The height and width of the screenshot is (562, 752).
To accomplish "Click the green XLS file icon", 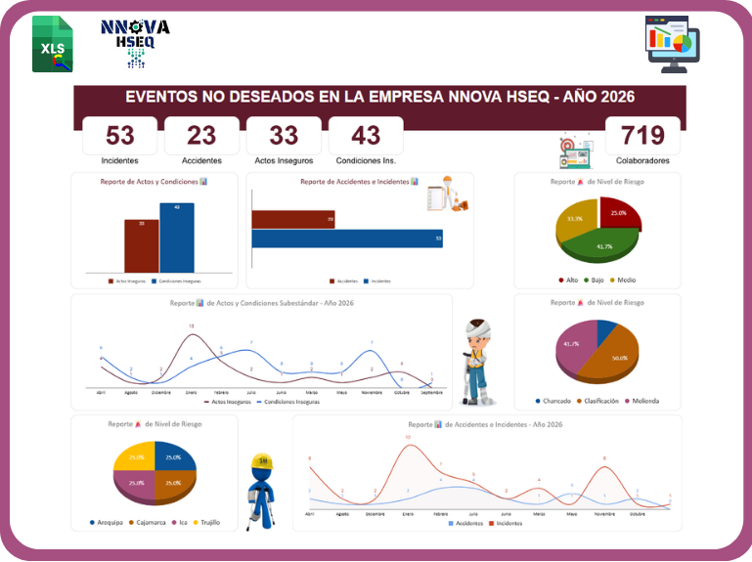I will [52, 43].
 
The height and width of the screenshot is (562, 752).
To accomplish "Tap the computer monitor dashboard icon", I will [673, 43].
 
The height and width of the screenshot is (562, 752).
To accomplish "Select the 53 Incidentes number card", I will [120, 136].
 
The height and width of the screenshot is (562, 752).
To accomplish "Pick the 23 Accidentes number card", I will [201, 136].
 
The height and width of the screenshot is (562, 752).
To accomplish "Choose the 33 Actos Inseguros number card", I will [284, 136].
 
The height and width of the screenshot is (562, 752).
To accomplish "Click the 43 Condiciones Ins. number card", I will [366, 136].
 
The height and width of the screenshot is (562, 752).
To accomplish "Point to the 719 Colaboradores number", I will [642, 136].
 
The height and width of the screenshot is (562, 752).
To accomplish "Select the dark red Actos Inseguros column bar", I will [142, 245].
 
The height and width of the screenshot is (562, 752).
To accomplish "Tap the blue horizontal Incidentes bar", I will [346, 238].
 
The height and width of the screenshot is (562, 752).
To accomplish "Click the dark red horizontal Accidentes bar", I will [293, 220].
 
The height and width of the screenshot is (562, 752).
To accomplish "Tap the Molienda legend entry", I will [641, 401].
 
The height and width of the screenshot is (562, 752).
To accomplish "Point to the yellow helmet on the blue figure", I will [260, 461].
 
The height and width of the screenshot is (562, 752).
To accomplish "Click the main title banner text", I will [380, 97].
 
